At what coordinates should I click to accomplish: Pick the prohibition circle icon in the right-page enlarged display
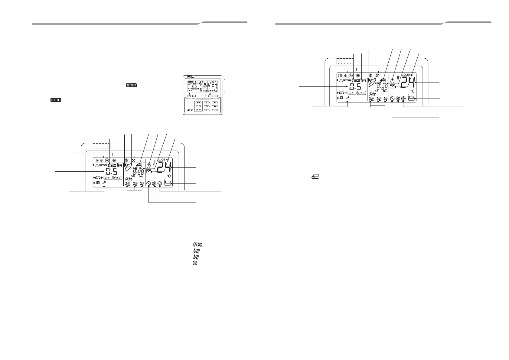pos(392,99)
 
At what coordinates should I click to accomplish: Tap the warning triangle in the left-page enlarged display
pos(97,166)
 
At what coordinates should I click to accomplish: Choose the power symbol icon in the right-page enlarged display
pos(403,99)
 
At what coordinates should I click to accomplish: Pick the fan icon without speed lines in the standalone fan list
pos(195,263)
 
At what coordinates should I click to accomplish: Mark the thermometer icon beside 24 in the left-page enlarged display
pos(154,164)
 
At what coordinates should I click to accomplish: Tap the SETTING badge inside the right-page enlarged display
pos(356,81)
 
